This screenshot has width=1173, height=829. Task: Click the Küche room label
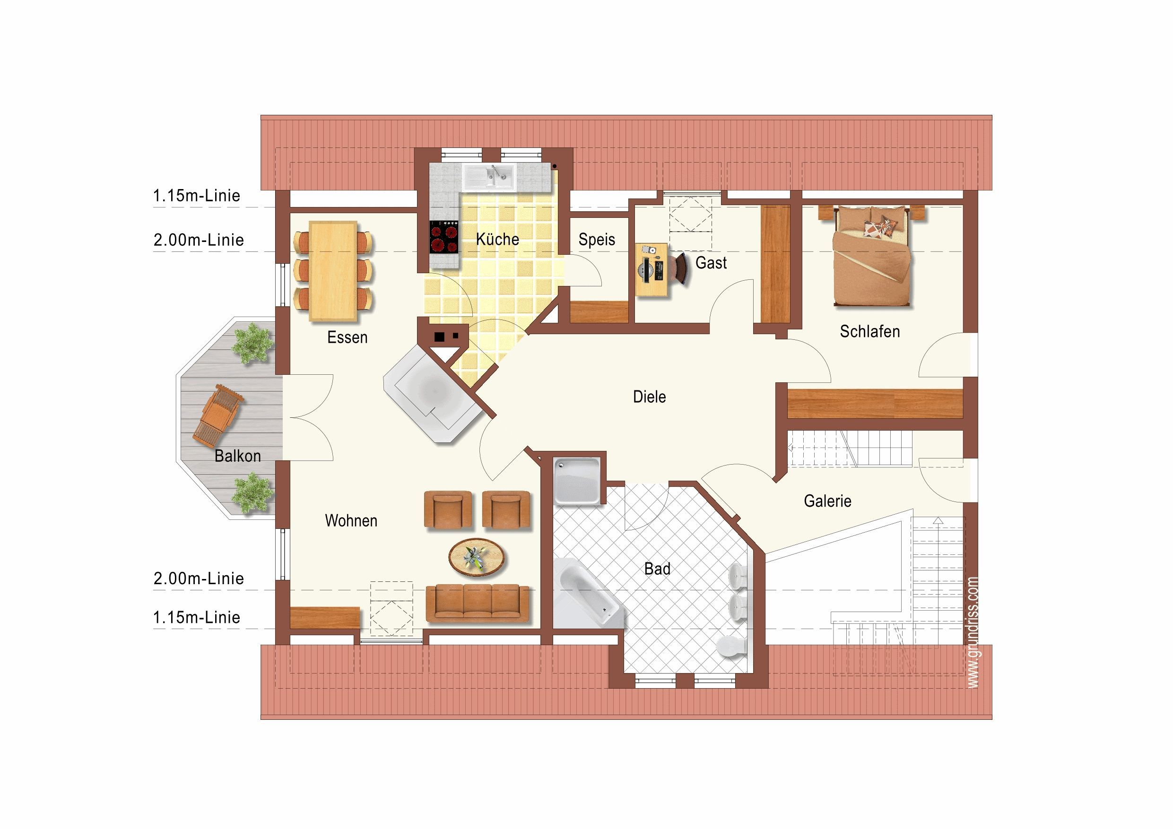(497, 239)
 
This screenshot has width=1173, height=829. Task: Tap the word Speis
(596, 240)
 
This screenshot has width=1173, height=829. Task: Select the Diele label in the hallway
(649, 397)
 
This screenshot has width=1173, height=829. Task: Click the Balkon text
(237, 456)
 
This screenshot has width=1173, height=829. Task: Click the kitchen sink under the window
(489, 176)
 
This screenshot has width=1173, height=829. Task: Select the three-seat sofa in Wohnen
(477, 604)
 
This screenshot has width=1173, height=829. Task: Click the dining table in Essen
(333, 271)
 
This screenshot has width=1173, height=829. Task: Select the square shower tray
(577, 481)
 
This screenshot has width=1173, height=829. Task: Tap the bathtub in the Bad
(587, 592)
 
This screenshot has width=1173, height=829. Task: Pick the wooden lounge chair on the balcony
(217, 416)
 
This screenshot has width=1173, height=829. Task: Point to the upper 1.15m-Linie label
(197, 196)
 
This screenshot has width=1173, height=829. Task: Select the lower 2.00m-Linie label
(199, 579)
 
